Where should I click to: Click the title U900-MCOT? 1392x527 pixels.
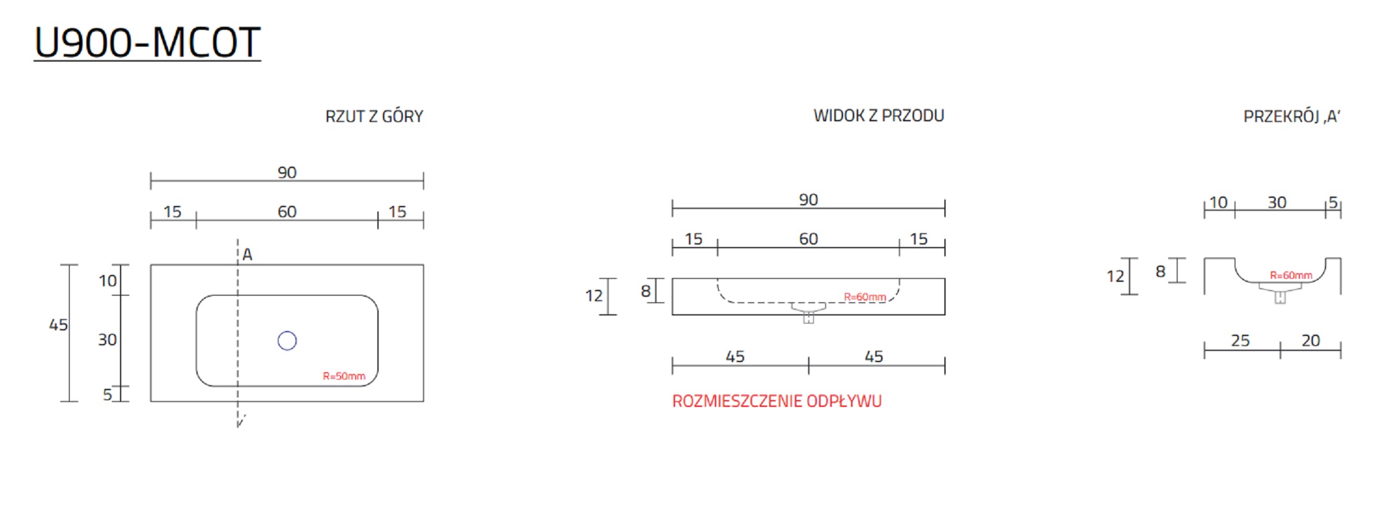(147, 43)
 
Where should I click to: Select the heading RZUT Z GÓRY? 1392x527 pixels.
(374, 116)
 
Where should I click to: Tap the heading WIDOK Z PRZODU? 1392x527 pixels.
(878, 116)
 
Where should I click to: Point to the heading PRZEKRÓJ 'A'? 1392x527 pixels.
(1291, 116)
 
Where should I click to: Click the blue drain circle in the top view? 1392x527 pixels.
(287, 341)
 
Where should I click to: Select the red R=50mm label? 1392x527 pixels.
(344, 376)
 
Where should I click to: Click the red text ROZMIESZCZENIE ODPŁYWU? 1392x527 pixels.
(777, 401)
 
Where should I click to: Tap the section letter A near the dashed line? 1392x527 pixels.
(247, 254)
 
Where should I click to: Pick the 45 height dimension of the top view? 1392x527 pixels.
(58, 325)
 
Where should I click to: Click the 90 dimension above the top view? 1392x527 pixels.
(287, 172)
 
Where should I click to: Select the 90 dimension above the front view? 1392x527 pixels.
(808, 200)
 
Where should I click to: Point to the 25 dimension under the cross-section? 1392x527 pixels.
(1240, 340)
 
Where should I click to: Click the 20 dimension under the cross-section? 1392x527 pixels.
(1311, 340)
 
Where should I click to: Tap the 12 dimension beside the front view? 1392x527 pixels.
(594, 296)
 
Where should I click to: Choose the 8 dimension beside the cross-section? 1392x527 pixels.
(1160, 271)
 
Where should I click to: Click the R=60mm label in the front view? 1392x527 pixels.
(864, 297)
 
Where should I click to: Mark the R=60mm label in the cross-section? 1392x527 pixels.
(1291, 275)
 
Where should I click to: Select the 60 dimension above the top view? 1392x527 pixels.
(287, 212)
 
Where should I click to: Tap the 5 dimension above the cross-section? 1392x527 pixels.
(1333, 202)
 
